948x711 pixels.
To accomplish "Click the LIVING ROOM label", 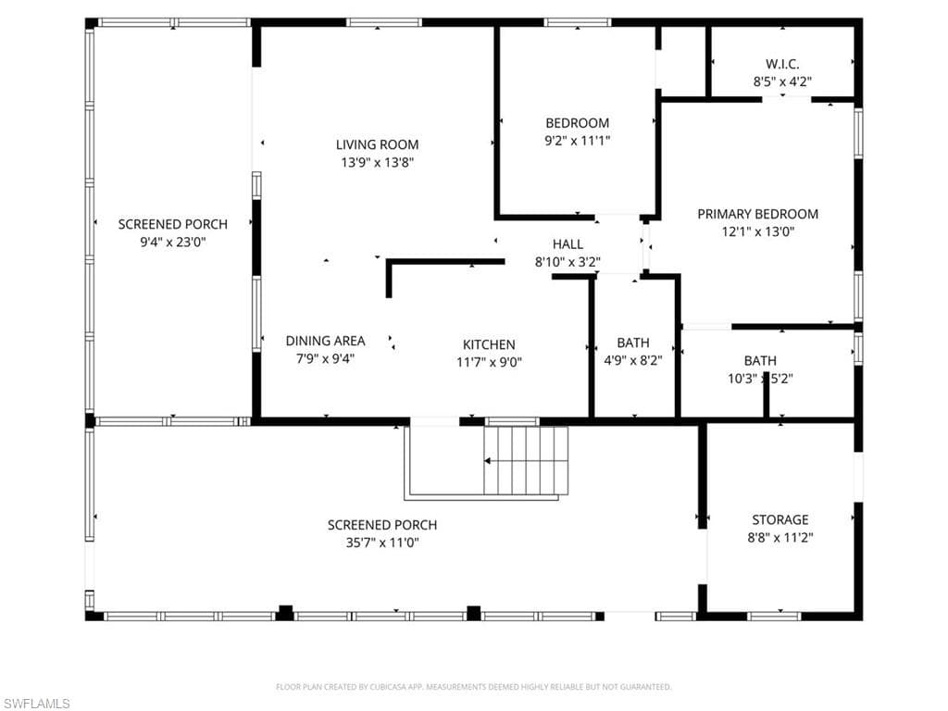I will pyautogui.click(x=377, y=144).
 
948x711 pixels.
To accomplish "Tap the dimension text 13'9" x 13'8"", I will pyautogui.click(x=377, y=162).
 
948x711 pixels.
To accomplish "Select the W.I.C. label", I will pyautogui.click(x=782, y=64).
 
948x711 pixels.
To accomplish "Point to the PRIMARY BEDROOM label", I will pyautogui.click(x=757, y=214).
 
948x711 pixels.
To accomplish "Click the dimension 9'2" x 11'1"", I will pyautogui.click(x=577, y=141).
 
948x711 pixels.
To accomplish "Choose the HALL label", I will pyautogui.click(x=568, y=244).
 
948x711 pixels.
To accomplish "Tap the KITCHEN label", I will pyautogui.click(x=489, y=344).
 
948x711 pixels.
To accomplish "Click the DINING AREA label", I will pyautogui.click(x=325, y=341).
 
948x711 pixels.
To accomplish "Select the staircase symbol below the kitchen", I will pyautogui.click(x=525, y=462).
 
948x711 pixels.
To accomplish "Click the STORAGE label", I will pyautogui.click(x=780, y=519).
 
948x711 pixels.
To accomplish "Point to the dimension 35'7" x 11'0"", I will pyautogui.click(x=382, y=543).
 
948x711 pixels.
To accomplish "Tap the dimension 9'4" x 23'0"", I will pyautogui.click(x=172, y=242).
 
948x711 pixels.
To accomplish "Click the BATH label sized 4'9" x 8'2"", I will pyautogui.click(x=632, y=343).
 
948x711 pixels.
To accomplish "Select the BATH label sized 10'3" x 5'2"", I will pyautogui.click(x=760, y=360).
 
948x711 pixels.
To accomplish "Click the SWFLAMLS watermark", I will pyautogui.click(x=36, y=704).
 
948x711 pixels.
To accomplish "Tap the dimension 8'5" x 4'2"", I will pyautogui.click(x=782, y=81).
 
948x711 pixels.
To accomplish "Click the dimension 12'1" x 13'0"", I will pyautogui.click(x=757, y=232).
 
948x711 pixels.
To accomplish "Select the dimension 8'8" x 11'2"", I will pyautogui.click(x=780, y=537).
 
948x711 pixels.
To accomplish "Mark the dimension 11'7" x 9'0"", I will pyautogui.click(x=489, y=362).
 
